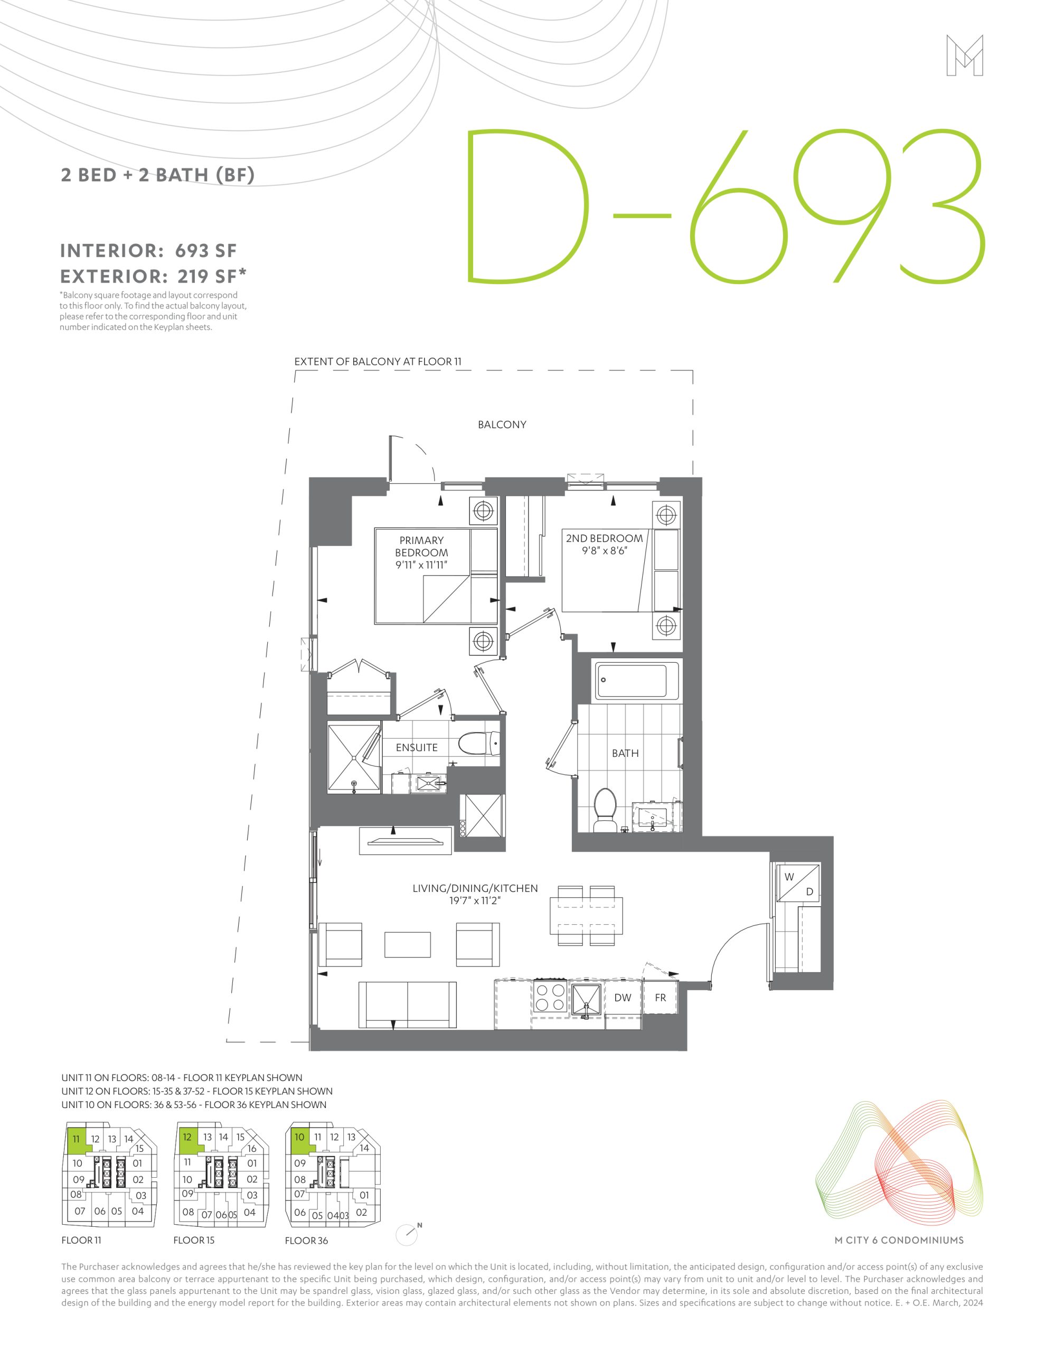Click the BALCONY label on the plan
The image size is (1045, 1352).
502,425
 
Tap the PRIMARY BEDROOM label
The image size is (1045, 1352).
421,546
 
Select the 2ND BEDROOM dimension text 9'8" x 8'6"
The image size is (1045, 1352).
604,551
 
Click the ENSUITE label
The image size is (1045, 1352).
417,748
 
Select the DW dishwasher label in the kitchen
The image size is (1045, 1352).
623,997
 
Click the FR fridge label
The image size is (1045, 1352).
661,997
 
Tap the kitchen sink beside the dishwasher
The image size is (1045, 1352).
586,998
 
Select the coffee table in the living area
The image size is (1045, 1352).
407,945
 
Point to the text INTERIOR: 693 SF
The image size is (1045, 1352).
148,251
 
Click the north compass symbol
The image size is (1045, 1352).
408,1234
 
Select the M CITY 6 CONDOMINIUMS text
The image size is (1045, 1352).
899,1240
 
